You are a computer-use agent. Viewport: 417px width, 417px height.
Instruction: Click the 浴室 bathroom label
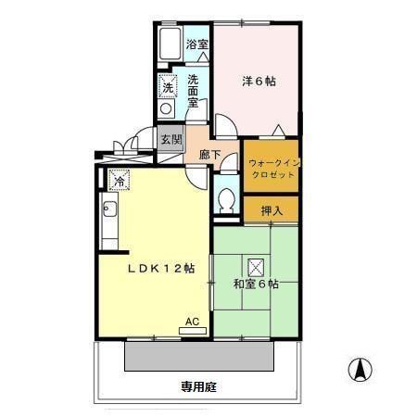pyautogui.click(x=196, y=44)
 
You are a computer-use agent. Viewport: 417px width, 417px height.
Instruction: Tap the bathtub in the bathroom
pyautogui.click(x=170, y=44)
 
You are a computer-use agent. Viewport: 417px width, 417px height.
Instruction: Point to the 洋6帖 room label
pyautogui.click(x=258, y=81)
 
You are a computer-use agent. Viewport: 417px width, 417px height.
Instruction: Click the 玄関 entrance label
pyautogui.click(x=171, y=141)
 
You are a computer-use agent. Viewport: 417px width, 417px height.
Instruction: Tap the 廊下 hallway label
pyautogui.click(x=210, y=156)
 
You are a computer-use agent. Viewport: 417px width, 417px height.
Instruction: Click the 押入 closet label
pyautogui.click(x=272, y=210)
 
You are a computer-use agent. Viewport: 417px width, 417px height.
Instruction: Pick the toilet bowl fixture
pyautogui.click(x=225, y=199)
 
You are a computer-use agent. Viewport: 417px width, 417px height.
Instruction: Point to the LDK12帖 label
pyautogui.click(x=160, y=269)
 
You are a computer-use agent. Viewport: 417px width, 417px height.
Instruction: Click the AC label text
pyautogui.click(x=192, y=322)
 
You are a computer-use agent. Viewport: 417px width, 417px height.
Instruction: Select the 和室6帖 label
pyautogui.click(x=255, y=284)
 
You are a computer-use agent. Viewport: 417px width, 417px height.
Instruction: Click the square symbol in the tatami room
pyautogui.click(x=256, y=266)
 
